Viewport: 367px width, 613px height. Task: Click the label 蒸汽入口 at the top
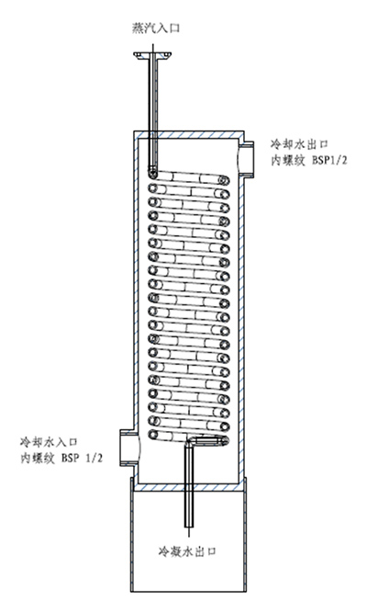pos(155,28)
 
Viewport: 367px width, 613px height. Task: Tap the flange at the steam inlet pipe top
pos(152,55)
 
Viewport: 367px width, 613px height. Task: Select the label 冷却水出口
pos(299,144)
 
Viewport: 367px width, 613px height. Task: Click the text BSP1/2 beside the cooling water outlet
pos(329,160)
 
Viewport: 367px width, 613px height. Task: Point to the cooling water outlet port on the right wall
pos(246,157)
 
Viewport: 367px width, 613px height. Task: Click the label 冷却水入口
pos(49,442)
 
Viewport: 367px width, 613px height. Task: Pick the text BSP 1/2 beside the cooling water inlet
pos(82,459)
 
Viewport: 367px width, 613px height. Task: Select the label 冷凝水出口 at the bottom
pos(187,551)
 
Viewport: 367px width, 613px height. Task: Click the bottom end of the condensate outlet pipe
pos(189,526)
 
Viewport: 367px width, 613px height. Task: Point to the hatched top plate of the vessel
pos(189,134)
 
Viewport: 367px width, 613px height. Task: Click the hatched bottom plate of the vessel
pos(189,487)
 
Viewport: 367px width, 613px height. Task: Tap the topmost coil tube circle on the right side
pos(223,180)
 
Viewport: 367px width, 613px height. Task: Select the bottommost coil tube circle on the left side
pos(153,435)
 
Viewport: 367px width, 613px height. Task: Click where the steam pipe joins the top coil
pos(152,171)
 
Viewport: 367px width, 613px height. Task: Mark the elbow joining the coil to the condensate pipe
pos(190,442)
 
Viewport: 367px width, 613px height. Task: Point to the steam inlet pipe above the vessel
pos(152,95)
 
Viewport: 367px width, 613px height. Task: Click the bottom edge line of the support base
pos(189,591)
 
